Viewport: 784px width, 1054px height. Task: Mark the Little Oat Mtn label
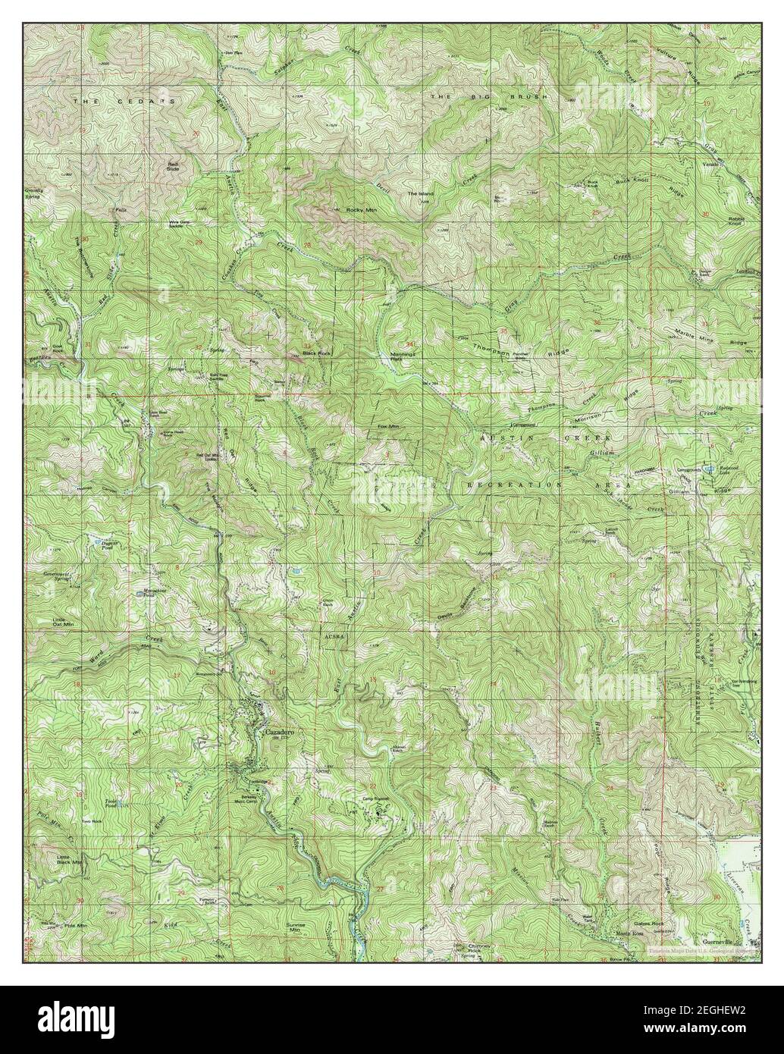point(63,622)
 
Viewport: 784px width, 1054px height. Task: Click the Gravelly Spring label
point(34,193)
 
